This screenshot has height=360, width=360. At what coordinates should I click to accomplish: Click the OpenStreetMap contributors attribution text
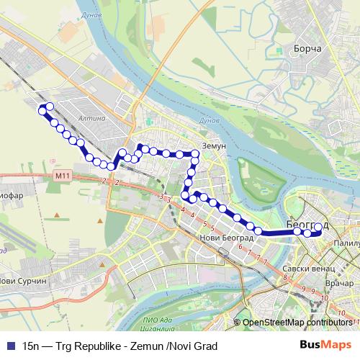pyautogui.click(x=297, y=323)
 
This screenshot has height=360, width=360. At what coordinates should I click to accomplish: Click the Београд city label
pyautogui.click(x=307, y=225)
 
